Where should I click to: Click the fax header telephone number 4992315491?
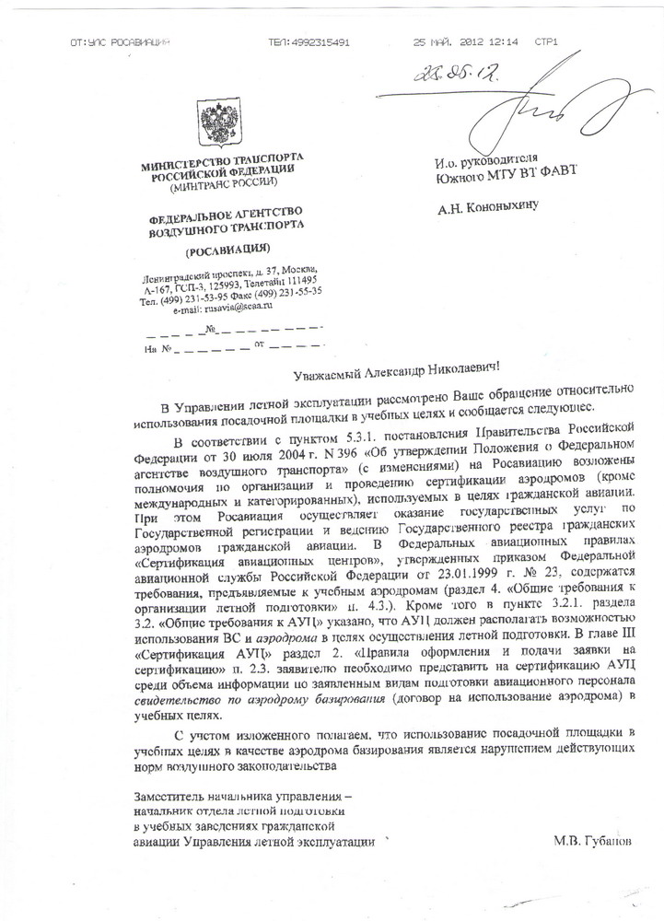(x=309, y=42)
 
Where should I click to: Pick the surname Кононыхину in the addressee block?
(x=507, y=207)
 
